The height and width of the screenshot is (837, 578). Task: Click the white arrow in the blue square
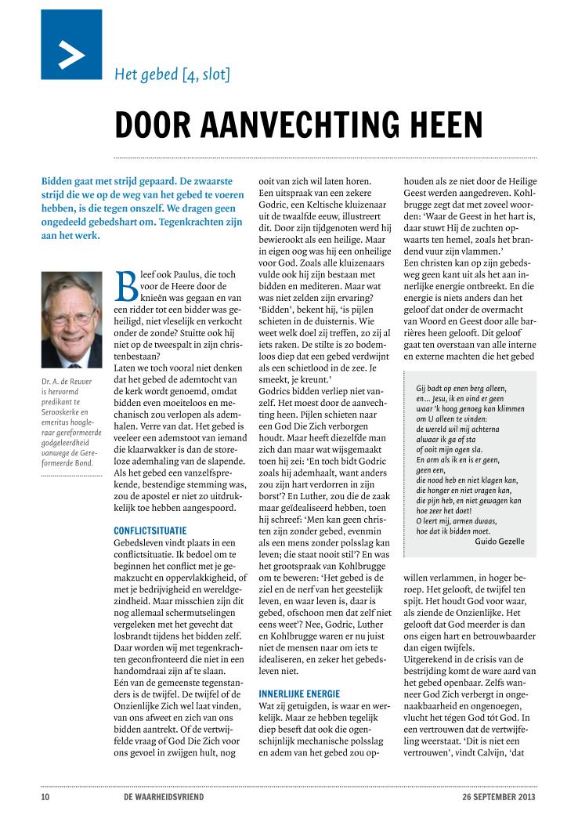(71, 54)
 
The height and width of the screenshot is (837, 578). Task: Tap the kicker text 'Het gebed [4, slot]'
(172, 75)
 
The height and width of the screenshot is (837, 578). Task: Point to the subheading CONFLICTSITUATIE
(150, 531)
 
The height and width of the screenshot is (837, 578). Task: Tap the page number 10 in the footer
(45, 798)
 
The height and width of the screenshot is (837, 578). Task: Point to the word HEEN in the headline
(444, 125)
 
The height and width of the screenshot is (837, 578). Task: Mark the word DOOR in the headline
(150, 125)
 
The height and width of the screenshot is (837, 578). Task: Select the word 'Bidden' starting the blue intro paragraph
(59, 180)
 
